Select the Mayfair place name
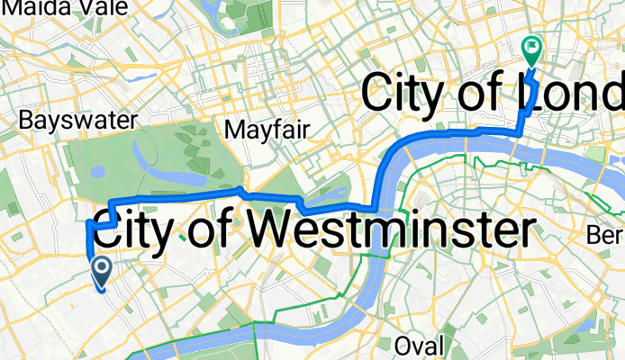coord(267,130)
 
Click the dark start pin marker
coord(101,270)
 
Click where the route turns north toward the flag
coord(519,131)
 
